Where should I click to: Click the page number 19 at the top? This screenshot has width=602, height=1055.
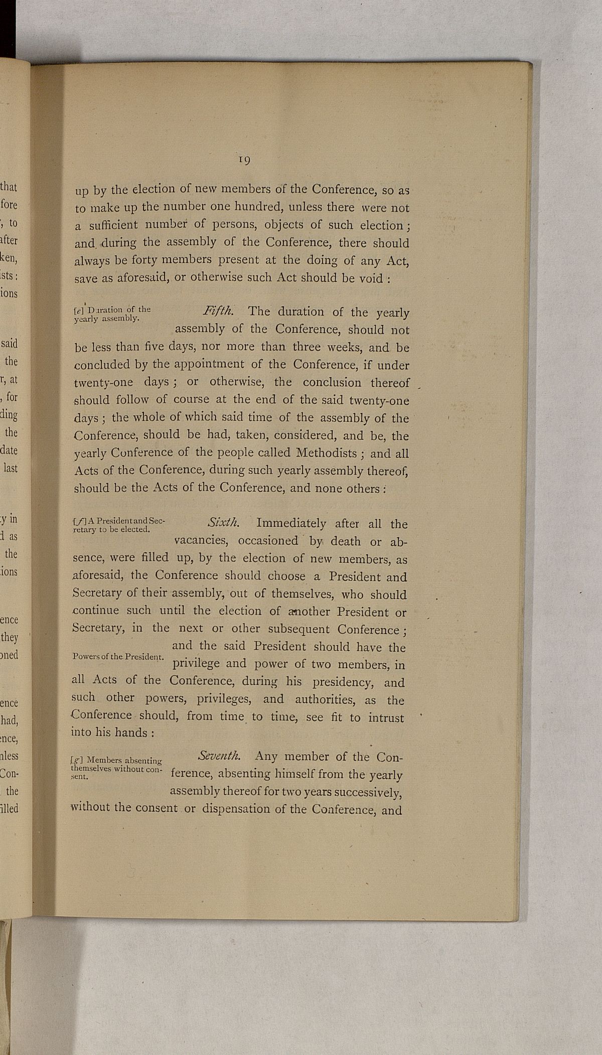pyautogui.click(x=245, y=160)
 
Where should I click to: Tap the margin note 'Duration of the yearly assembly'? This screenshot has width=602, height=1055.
pyautogui.click(x=111, y=313)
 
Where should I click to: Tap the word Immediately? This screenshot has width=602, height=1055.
pyautogui.click(x=291, y=523)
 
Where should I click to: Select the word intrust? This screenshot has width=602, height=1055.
pyautogui.click(x=386, y=718)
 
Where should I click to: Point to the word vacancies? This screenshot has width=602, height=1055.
pyautogui.click(x=204, y=542)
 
